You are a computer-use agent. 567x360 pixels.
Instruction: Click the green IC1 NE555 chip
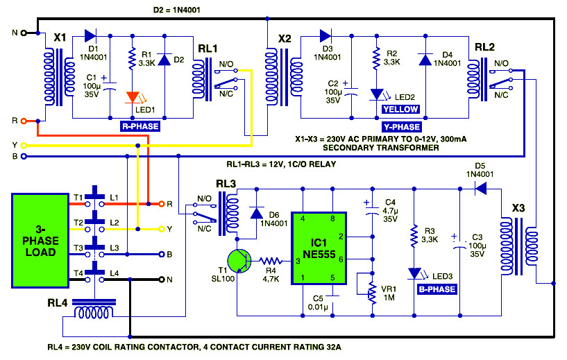coord(319,248)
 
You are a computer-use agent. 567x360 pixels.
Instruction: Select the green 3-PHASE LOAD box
coord(40,241)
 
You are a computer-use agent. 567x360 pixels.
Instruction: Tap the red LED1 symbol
coord(133,97)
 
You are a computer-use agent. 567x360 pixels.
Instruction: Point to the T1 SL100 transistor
coord(239,261)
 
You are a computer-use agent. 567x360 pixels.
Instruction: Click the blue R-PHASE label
coord(140,126)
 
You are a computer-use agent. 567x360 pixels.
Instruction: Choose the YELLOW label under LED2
coord(400,109)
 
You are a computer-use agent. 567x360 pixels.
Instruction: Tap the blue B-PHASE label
coord(437,289)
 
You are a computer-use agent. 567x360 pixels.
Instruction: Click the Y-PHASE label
coord(401,127)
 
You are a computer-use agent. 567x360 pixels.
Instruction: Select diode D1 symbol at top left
coord(90,36)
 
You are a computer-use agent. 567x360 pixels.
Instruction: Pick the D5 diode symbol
coord(480,189)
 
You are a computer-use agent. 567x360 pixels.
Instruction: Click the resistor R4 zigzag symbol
coord(271,261)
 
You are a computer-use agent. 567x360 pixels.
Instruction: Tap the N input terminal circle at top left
coord(24,33)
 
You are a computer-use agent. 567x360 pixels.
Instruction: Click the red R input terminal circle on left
coord(24,121)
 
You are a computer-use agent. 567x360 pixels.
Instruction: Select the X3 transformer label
coord(518,208)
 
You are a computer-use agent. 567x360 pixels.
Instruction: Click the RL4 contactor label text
coord(57,303)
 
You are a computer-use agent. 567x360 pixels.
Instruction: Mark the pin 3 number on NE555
coord(298,261)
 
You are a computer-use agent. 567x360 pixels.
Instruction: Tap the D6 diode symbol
coord(256,213)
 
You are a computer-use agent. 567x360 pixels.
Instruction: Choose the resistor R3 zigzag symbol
coord(414,237)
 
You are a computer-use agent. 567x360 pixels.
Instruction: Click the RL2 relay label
coord(484,47)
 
